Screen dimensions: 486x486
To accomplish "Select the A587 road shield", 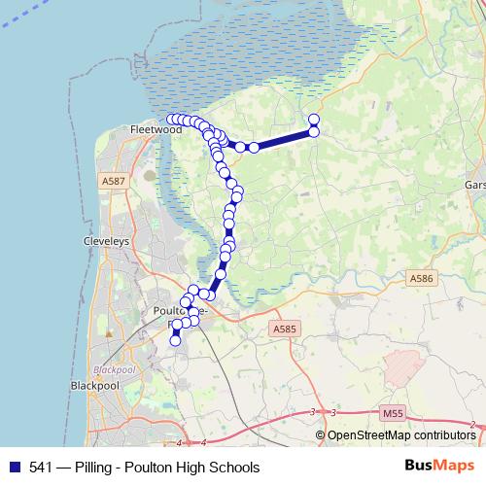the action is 113,181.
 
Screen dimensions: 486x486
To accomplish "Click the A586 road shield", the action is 421,279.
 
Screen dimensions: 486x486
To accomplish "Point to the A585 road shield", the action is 285,330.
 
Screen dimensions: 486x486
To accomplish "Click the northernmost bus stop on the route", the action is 314,120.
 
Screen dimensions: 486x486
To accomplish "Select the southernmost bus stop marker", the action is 176,340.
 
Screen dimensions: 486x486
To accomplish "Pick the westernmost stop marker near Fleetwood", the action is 172,120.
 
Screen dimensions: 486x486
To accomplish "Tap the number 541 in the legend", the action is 41,468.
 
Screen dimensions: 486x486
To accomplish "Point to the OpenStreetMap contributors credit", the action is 400,435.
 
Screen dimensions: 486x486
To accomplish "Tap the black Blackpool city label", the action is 94,385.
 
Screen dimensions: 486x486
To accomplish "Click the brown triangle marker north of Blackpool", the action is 110,333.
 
